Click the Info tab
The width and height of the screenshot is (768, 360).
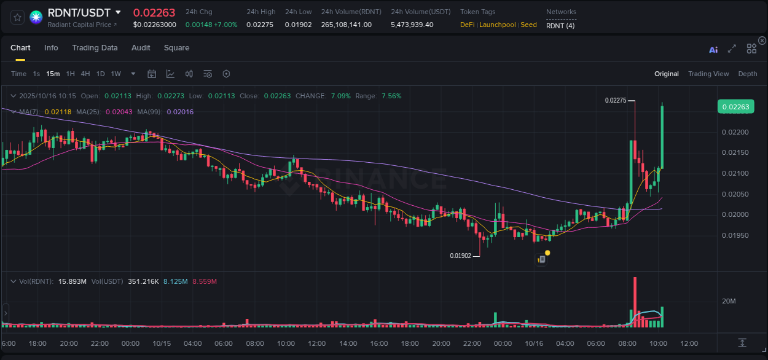click(x=51, y=48)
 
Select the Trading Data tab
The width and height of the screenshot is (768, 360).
click(x=95, y=48)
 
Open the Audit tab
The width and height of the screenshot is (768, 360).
click(x=141, y=48)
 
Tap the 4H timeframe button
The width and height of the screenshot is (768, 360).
click(x=85, y=74)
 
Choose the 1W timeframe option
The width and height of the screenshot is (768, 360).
click(x=116, y=74)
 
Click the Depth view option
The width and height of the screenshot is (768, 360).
click(x=747, y=74)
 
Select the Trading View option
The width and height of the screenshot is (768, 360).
click(x=708, y=74)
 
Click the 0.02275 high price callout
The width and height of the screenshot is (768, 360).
click(x=615, y=100)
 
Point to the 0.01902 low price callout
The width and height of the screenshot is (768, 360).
click(x=460, y=256)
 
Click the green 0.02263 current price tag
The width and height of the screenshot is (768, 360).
click(x=735, y=107)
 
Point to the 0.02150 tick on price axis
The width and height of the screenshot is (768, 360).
click(x=735, y=153)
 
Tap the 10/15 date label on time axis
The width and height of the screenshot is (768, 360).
click(x=161, y=343)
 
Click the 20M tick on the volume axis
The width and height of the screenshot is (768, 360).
click(x=729, y=301)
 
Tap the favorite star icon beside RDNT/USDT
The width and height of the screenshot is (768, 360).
click(x=18, y=17)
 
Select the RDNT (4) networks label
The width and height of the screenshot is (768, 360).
click(x=560, y=25)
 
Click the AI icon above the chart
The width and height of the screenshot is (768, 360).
click(x=713, y=50)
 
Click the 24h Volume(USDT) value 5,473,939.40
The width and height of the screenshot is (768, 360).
click(x=412, y=25)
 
